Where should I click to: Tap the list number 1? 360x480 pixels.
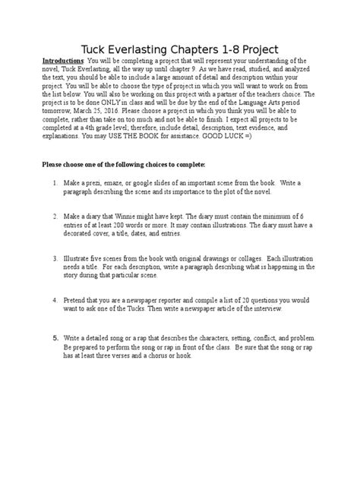pyautogui.click(x=55, y=183)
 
